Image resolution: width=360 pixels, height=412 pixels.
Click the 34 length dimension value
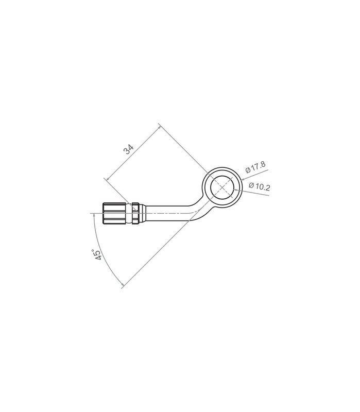[128, 149]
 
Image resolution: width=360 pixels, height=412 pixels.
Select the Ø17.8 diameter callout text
[255, 167]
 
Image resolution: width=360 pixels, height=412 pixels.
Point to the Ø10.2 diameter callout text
[260, 186]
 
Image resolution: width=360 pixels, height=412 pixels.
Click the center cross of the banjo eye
[222, 187]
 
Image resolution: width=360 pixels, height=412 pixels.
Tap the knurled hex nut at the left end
[114, 213]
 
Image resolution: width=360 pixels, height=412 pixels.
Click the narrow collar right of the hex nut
[135, 213]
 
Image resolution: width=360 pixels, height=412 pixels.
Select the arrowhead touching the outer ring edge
[243, 180]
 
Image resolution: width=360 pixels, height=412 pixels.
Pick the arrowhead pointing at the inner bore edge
[236, 190]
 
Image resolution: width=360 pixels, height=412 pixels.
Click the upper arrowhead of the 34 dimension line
[159, 127]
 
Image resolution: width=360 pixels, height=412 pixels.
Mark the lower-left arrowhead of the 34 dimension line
[108, 179]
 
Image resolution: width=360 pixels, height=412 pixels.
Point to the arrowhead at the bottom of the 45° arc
[122, 284]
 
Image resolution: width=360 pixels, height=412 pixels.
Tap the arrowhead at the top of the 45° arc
[94, 215]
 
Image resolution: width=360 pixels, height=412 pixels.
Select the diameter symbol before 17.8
[248, 170]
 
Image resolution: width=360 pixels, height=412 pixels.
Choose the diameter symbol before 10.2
[251, 185]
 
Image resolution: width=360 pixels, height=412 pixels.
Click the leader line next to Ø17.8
[254, 175]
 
